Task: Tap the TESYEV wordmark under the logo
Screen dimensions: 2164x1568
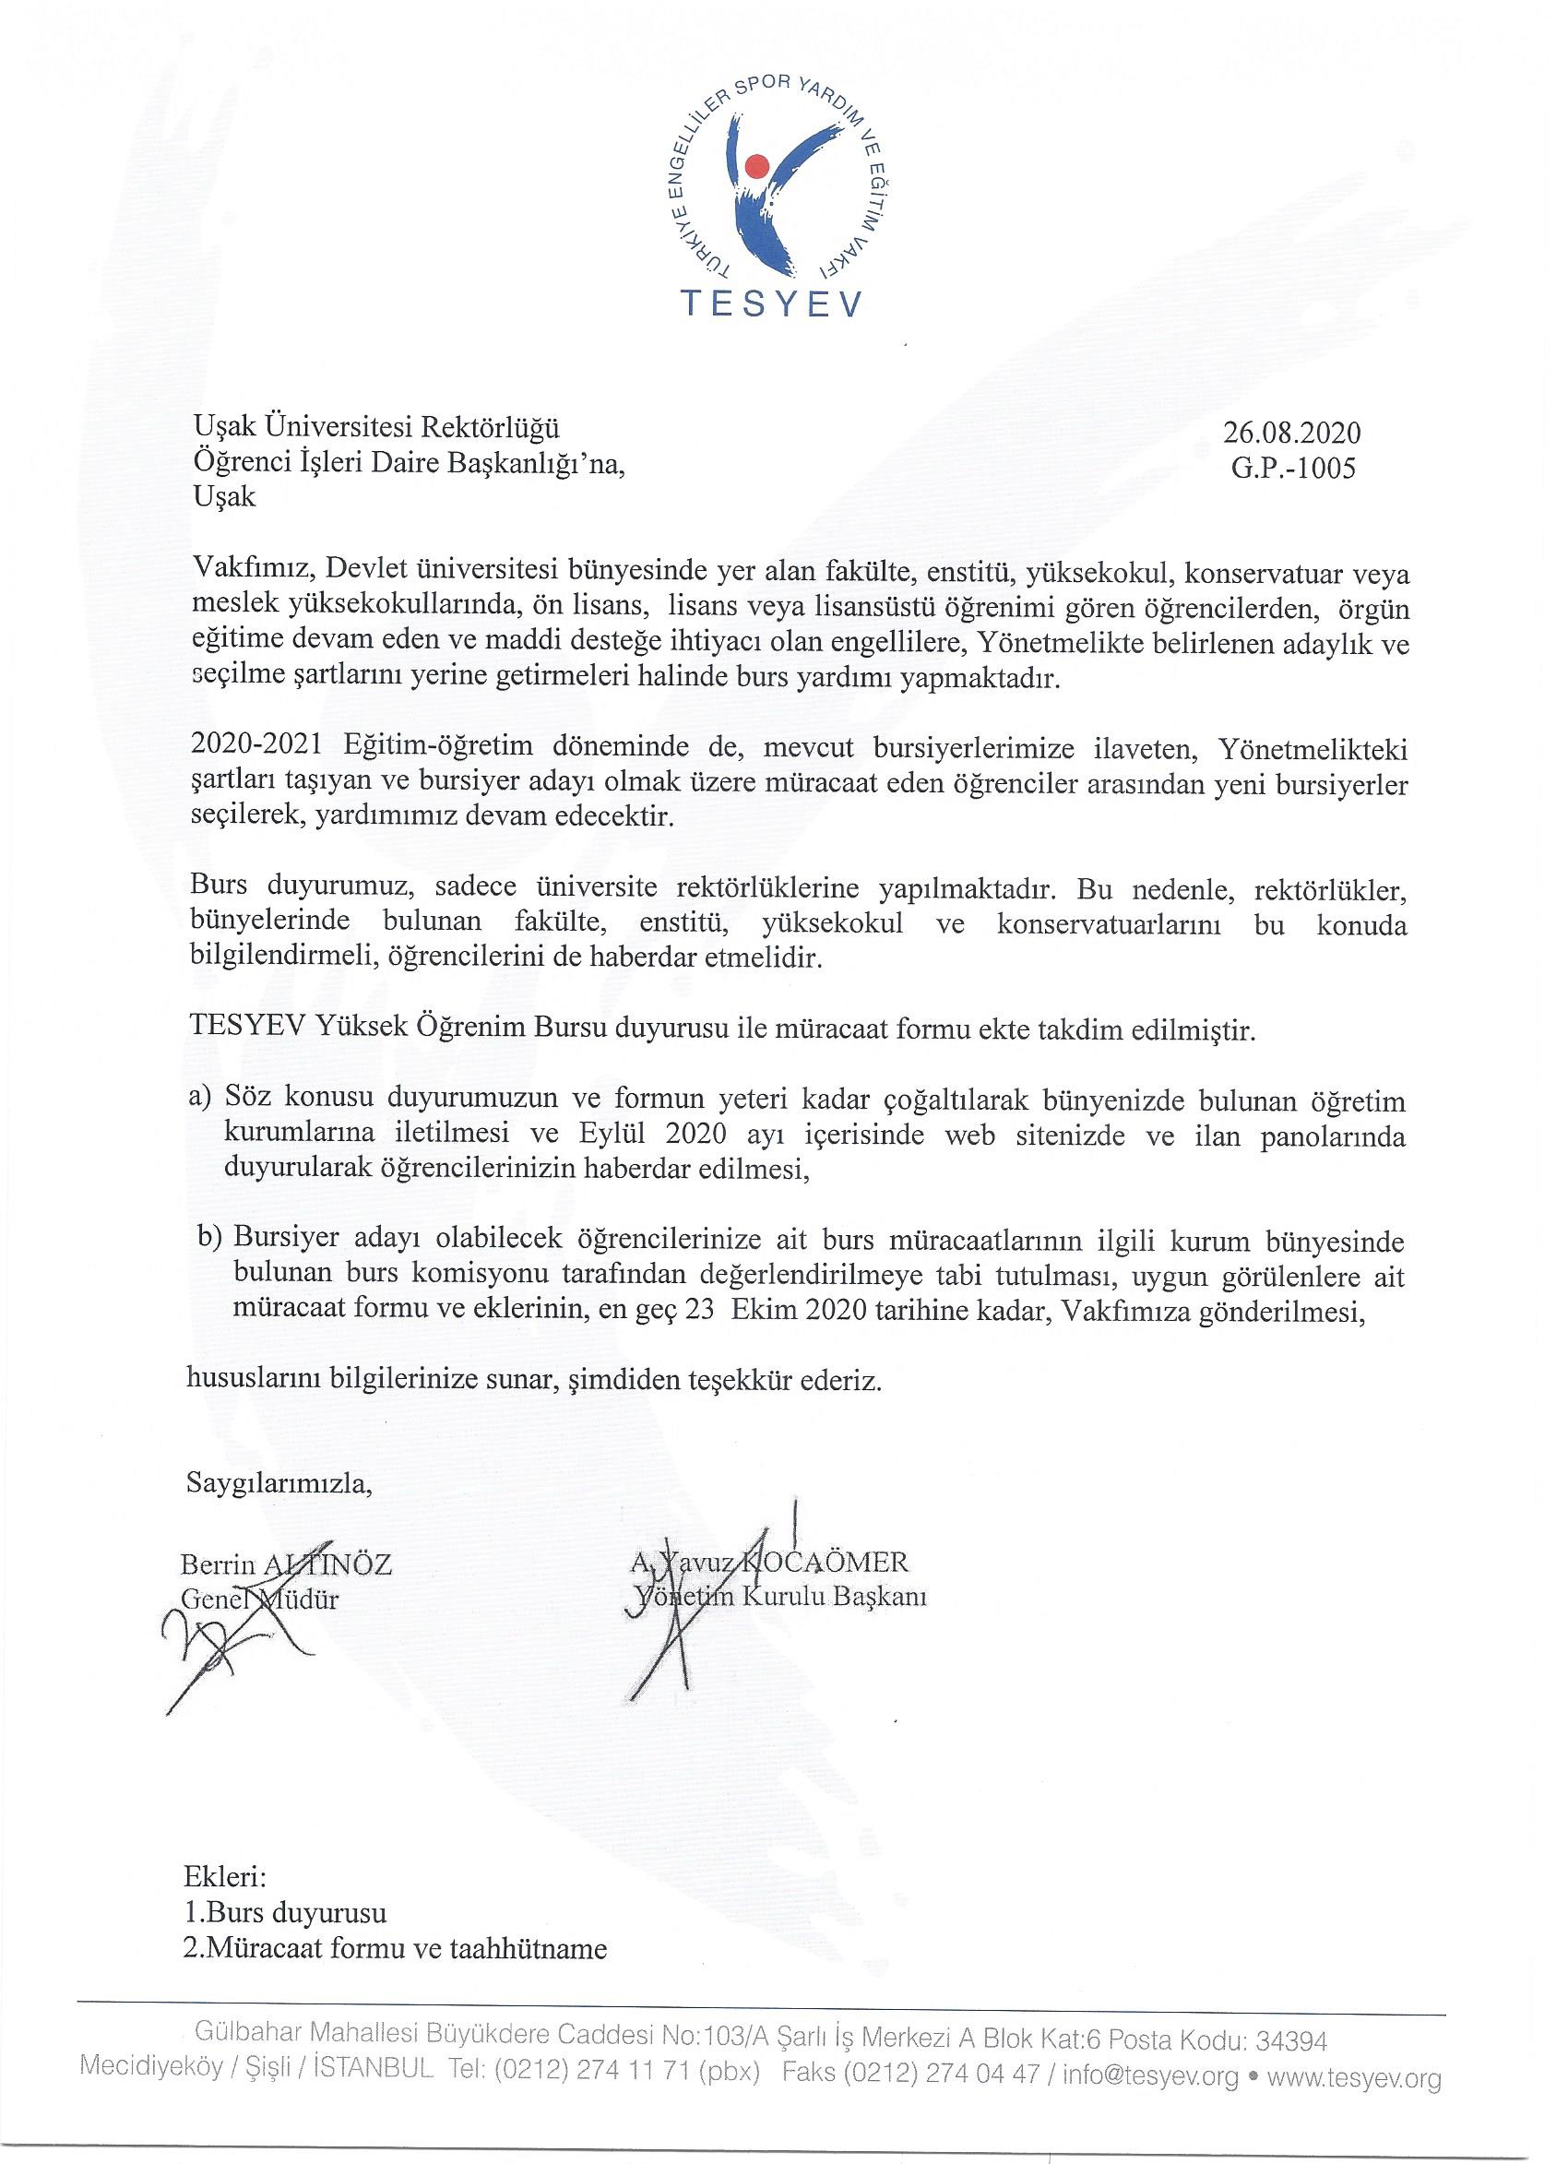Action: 770,304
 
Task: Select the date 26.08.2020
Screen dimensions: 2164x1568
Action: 1292,434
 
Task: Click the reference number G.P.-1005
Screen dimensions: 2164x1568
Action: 1293,469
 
